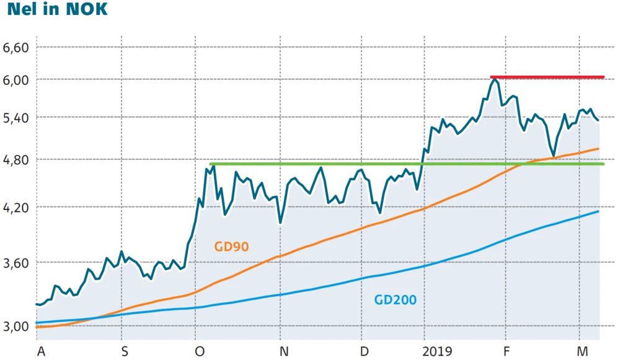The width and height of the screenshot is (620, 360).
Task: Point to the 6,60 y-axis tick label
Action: pos(17,48)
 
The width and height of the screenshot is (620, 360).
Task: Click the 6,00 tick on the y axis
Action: pos(17,79)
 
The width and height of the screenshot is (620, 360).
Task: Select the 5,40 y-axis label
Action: pos(17,117)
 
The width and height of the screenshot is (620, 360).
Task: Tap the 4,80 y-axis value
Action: pos(17,159)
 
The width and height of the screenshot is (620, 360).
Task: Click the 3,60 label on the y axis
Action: pos(17,263)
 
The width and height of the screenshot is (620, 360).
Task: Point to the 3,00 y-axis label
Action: pos(17,327)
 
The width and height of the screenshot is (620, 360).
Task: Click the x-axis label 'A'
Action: pos(42,351)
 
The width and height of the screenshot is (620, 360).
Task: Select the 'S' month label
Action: pos(125,351)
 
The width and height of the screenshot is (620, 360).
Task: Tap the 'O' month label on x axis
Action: pos(200,351)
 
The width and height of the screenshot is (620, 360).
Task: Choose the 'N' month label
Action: pos(283,351)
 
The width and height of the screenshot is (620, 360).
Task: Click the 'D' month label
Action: pos(365,351)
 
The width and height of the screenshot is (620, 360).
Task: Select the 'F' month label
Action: pos(507,351)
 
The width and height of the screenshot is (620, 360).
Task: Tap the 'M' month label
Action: pos(583,351)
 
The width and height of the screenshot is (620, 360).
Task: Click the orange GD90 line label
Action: pos(231,247)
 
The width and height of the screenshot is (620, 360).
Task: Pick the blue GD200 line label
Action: pos(395,301)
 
